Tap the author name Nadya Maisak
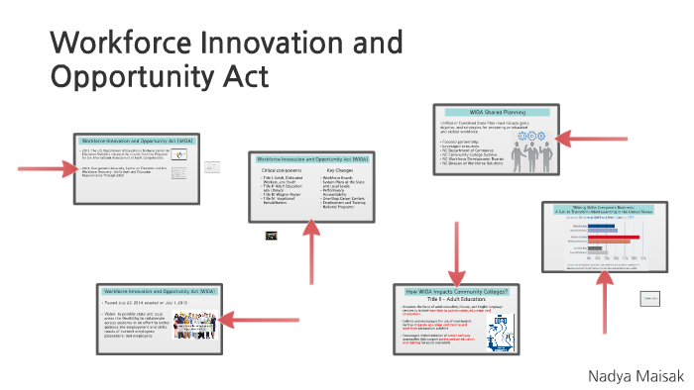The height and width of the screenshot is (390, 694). tap(635, 348)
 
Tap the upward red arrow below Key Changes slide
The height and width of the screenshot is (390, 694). tap(311, 248)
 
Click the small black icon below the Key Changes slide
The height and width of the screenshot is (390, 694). tap(270, 236)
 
